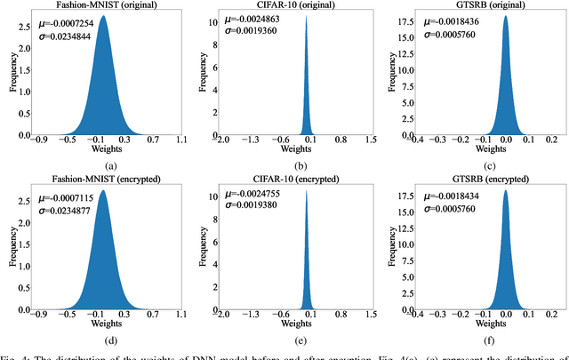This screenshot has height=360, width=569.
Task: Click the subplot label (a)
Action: tap(110, 166)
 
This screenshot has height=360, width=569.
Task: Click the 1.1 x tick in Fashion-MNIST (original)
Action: tap(181, 141)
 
